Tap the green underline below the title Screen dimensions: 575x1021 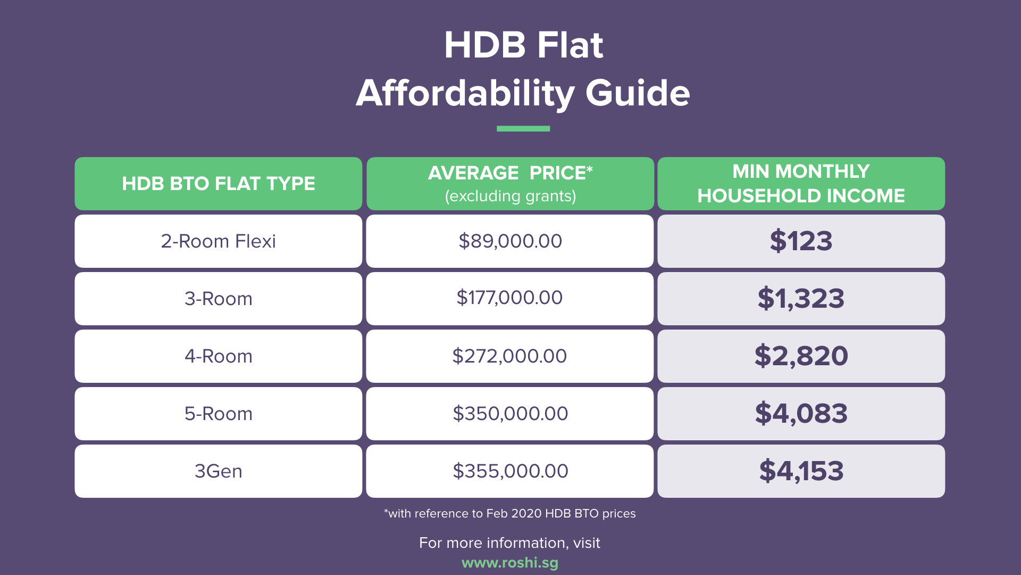523,128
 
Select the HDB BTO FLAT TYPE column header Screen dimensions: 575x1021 218,184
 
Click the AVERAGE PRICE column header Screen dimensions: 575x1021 510,184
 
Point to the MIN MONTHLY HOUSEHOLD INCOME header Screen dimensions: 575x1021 801,184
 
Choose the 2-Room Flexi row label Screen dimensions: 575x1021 218,241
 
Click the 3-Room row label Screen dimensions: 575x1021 218,299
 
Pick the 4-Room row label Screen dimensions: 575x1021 218,356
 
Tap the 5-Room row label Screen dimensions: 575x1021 218,414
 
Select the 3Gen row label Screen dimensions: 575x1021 218,471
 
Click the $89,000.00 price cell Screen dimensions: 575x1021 510,241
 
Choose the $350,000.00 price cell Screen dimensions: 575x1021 510,414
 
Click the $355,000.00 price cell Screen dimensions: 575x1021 510,471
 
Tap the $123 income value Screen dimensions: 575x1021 801,241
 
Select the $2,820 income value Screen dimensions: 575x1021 801,356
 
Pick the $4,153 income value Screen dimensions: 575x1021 801,471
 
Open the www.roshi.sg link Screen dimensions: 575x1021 510,563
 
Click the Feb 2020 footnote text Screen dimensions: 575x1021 510,514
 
